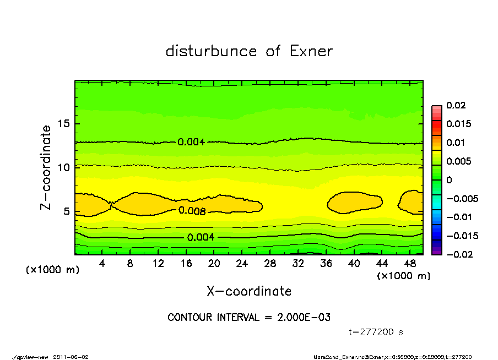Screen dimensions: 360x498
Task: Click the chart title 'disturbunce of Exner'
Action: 249,51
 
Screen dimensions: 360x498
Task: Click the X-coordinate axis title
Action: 249,291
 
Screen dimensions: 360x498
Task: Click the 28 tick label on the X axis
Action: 270,264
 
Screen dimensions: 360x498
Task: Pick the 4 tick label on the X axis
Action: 102,264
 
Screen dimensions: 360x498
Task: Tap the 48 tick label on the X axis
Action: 409,264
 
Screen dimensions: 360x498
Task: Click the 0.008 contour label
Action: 192,211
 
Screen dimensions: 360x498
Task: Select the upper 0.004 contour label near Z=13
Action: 191,142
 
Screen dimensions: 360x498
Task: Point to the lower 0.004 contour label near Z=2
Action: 201,237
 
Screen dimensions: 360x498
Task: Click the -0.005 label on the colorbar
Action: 458,198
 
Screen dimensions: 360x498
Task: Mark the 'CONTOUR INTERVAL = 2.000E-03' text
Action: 249,318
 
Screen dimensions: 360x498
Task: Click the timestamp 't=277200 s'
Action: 377,332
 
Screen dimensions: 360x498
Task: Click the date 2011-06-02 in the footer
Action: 71,357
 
